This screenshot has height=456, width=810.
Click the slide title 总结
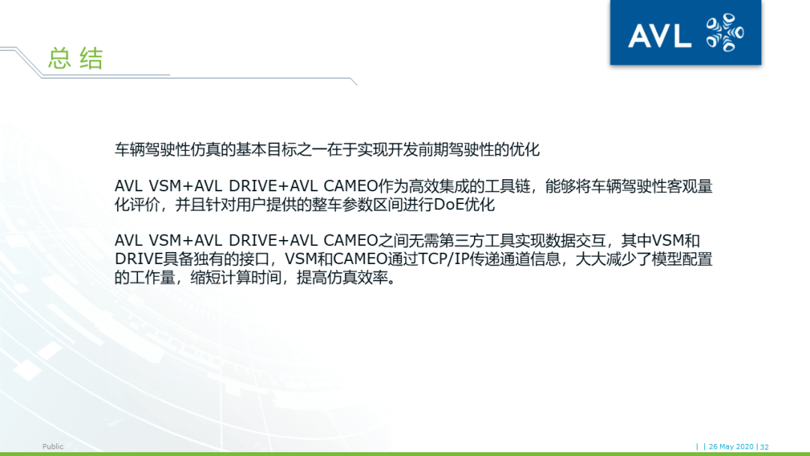click(x=75, y=58)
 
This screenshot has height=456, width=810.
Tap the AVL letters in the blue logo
click(x=659, y=34)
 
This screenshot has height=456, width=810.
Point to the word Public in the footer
click(x=53, y=447)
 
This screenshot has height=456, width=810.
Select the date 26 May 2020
click(x=731, y=447)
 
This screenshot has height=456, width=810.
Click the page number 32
click(x=764, y=447)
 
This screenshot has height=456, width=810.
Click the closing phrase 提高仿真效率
click(x=346, y=277)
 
